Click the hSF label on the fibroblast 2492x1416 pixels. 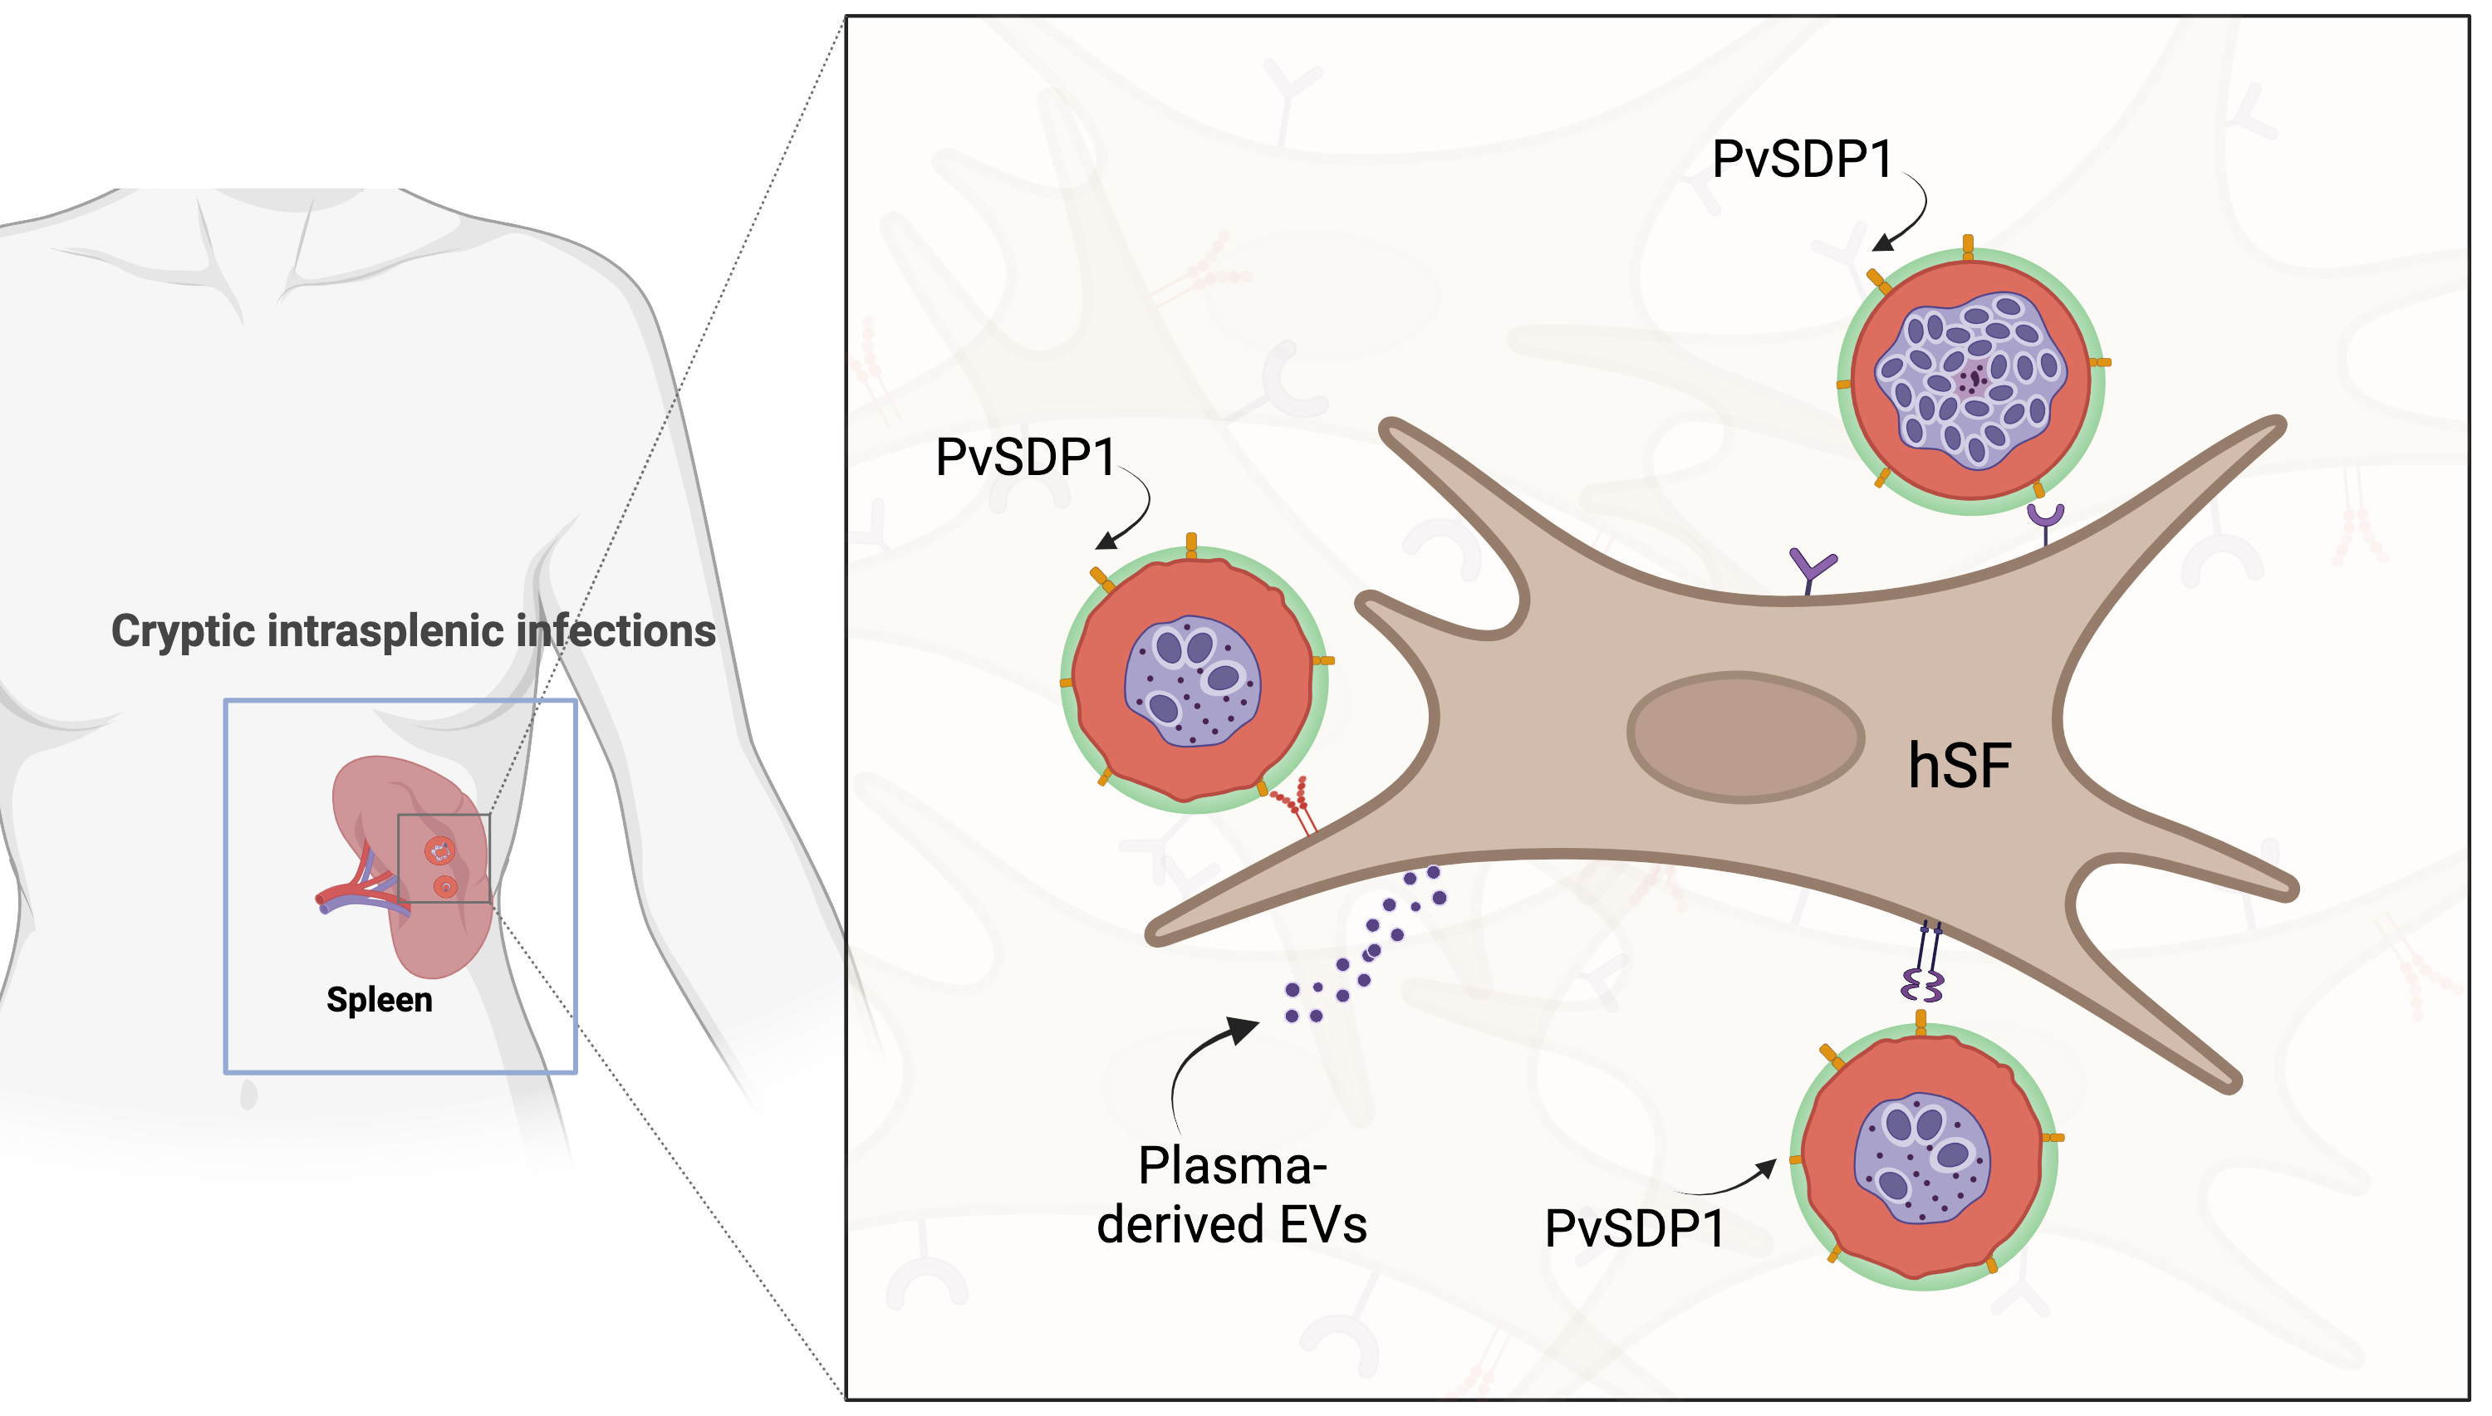1958,766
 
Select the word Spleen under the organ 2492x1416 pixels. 380,1000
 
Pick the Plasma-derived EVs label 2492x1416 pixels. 1231,1194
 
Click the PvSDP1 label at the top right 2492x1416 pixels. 1802,159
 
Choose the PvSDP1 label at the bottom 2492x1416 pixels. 1634,1228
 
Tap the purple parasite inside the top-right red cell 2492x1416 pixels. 1972,380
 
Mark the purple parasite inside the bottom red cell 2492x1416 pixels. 1921,1159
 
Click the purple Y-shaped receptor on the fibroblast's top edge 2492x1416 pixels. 1811,569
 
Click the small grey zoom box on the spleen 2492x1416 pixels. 444,858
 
